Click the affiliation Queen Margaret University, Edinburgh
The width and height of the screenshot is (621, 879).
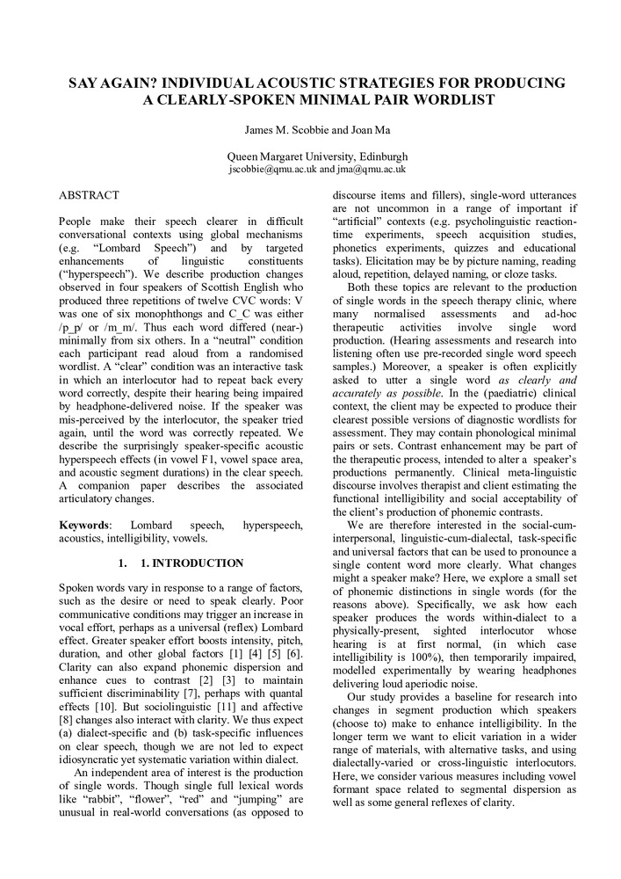coord(310,156)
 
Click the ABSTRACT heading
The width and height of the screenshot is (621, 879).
coord(89,193)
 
